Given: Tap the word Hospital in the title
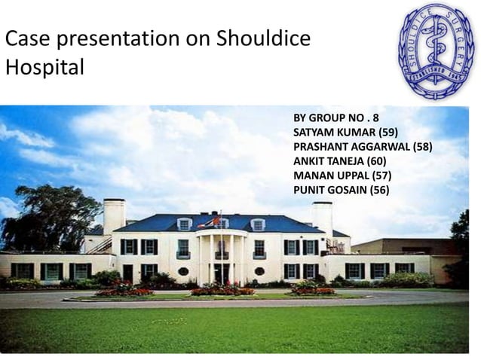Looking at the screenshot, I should coord(44,67).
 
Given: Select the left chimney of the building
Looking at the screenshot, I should coord(114,215).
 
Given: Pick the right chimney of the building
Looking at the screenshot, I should coord(323,218).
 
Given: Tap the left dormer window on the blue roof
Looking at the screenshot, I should coord(184,224).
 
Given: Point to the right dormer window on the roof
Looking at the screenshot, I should coord(258,224).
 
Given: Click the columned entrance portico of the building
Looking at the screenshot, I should coord(221,256).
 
